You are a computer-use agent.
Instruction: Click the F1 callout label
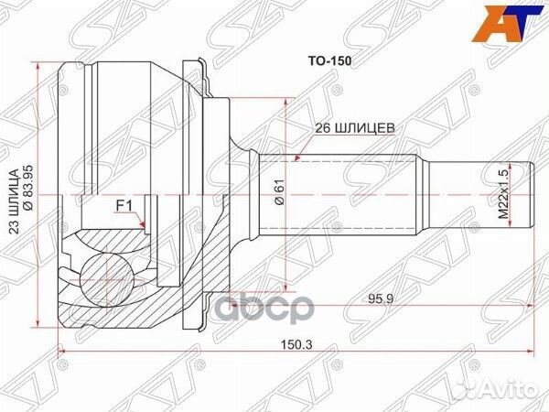pos(124,205)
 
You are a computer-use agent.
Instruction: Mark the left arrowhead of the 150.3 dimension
pos(62,352)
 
